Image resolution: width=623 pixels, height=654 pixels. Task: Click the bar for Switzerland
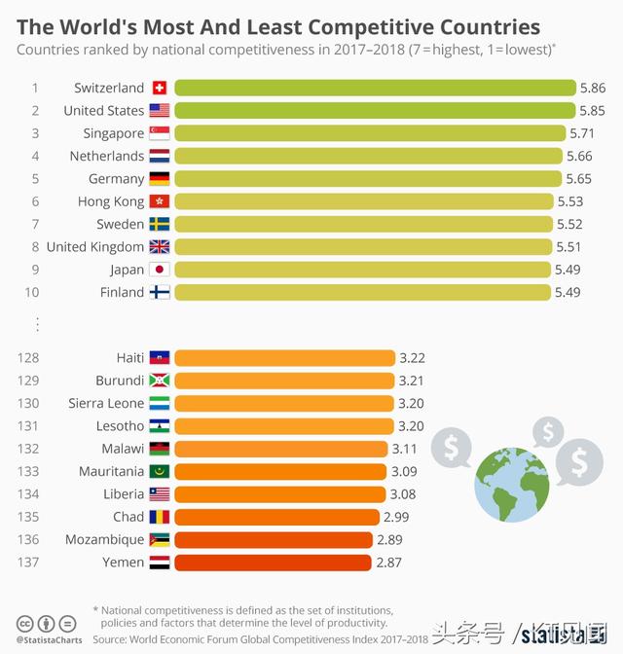[375, 88]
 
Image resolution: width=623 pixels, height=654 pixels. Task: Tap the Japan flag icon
[160, 270]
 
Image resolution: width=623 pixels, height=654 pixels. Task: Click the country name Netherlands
[106, 156]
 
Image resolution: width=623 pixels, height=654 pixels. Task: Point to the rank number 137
[27, 563]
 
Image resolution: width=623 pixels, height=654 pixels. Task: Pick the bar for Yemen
[273, 563]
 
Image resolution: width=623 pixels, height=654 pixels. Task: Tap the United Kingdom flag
[160, 247]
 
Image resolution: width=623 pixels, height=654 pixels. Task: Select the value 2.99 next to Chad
[398, 517]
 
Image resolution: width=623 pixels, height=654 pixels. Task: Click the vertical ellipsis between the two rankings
[37, 324]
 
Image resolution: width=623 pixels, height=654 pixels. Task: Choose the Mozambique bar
[274, 539]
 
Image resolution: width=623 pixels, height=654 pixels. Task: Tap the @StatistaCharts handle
[50, 640]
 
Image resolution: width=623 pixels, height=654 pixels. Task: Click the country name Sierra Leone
[106, 403]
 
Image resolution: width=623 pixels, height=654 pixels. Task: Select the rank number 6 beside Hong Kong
[35, 201]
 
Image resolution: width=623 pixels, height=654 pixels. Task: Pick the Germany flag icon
[160, 179]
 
